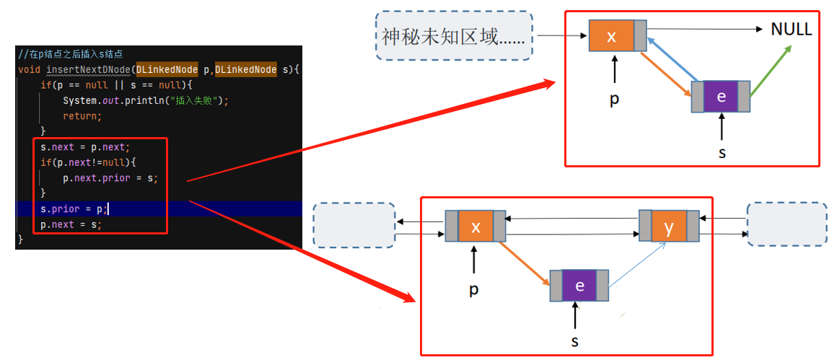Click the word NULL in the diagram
tap(791, 30)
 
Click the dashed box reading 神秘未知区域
tap(454, 35)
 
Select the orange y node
tap(669, 227)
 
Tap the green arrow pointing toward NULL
tap(771, 70)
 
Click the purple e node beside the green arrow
tap(721, 97)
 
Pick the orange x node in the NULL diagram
tap(611, 36)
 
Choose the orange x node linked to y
tap(476, 227)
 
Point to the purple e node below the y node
tap(579, 285)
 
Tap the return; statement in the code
tap(82, 115)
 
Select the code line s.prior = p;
tap(71, 209)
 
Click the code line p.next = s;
tap(71, 224)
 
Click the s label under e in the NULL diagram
tap(722, 152)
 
